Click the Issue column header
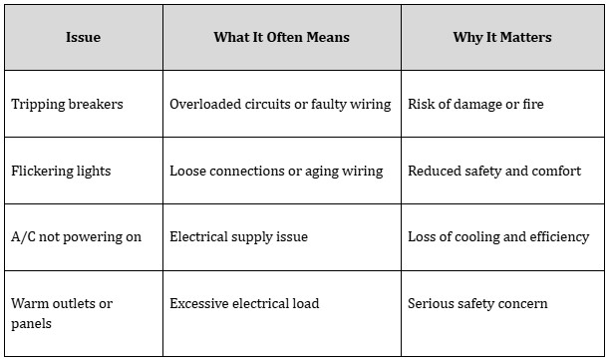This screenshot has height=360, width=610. tap(83, 37)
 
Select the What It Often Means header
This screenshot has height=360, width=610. tap(282, 37)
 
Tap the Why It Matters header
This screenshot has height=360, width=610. tap(502, 37)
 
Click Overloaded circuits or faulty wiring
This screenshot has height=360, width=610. tap(280, 105)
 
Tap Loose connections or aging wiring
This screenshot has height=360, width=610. tap(276, 172)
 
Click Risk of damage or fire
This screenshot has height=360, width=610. tap(475, 105)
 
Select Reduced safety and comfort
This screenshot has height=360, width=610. tap(494, 172)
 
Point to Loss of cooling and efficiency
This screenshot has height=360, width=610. tap(498, 237)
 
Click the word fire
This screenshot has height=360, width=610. tap(533, 104)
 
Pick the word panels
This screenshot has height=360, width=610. tap(31, 324)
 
